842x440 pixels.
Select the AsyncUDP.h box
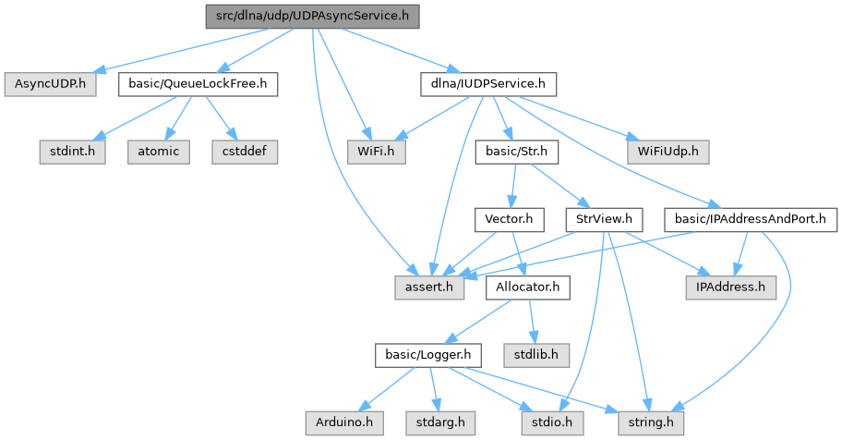[x=50, y=85]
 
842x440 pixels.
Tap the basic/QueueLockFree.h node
[x=198, y=85]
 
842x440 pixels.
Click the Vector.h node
[x=503, y=220]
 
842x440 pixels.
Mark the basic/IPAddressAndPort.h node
[x=750, y=220]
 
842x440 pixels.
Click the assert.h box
[x=429, y=287]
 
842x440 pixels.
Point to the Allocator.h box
[x=528, y=287]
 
